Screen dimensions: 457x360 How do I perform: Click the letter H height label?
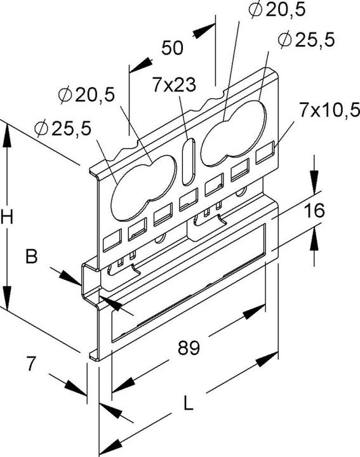8,217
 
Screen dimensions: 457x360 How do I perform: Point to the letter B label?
31,257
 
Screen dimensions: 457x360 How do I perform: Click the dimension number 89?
189,348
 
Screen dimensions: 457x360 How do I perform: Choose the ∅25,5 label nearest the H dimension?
63,128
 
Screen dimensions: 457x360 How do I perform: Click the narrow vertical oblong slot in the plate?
188,162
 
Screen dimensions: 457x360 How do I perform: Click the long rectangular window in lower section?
187,289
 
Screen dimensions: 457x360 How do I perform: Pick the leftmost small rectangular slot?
112,242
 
